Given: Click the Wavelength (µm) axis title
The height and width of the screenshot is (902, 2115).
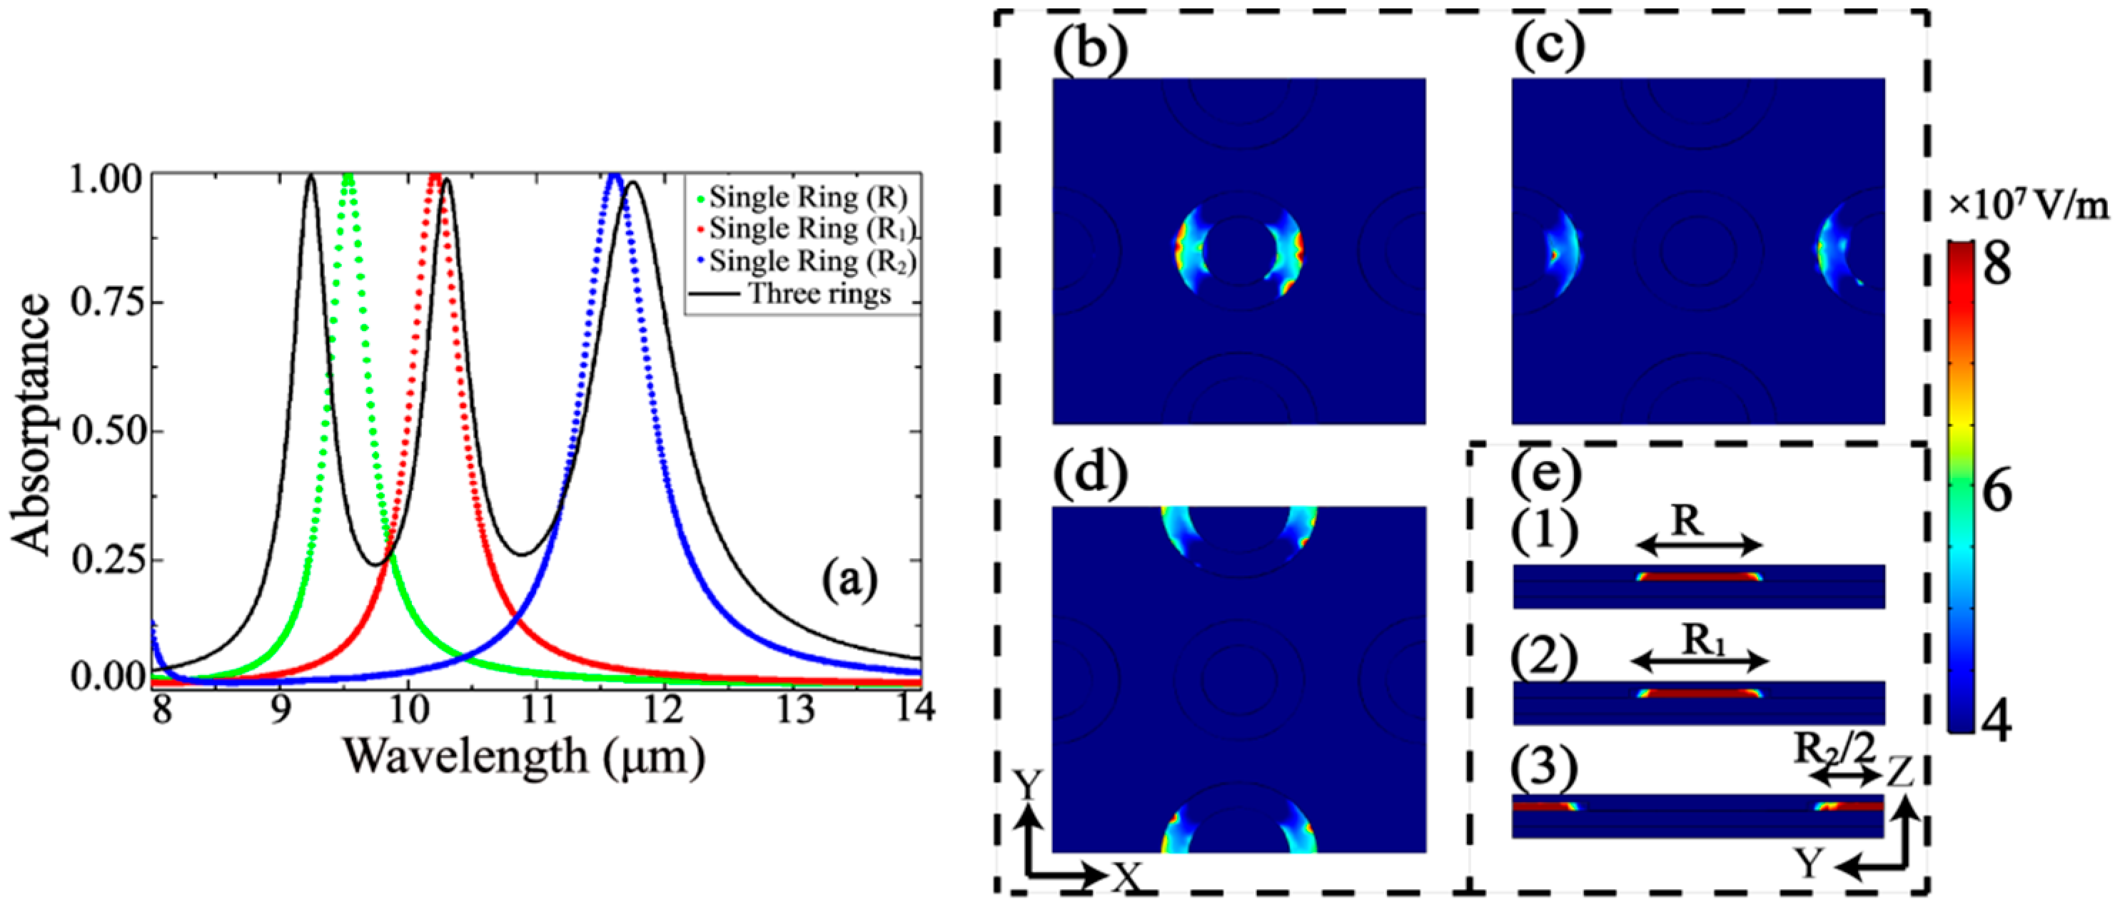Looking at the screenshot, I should (523, 756).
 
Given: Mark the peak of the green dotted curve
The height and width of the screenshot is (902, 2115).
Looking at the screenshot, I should (349, 177).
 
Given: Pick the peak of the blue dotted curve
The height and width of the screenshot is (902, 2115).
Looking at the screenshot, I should (613, 177).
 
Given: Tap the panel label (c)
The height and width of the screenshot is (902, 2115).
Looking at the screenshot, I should (1548, 48).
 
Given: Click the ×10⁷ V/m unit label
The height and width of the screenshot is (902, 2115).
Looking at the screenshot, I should (2029, 208).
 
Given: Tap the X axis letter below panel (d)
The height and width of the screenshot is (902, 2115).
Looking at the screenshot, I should (1128, 876).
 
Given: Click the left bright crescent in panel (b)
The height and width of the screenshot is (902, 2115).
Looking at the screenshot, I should (1186, 250).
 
